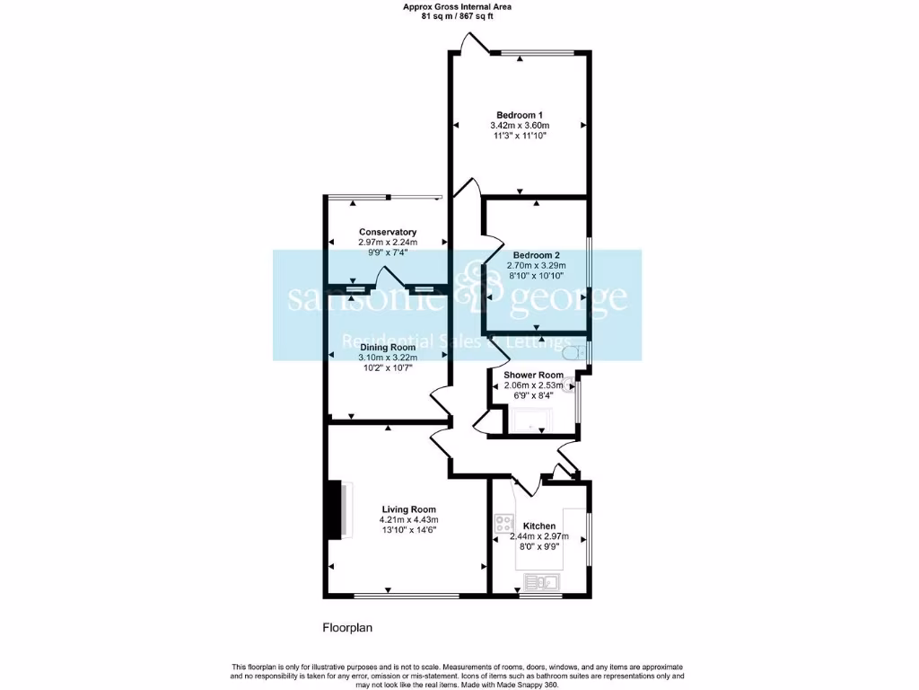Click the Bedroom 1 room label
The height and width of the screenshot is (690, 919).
click(520, 114)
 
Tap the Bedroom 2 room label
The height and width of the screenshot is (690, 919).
click(536, 254)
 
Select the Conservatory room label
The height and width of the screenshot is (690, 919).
click(387, 232)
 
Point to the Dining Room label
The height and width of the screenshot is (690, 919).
click(388, 347)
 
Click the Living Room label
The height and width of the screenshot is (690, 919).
click(408, 508)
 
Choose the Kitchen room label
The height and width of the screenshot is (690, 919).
click(539, 526)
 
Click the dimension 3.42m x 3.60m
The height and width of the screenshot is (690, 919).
click(520, 126)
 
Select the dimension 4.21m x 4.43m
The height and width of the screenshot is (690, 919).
click(408, 519)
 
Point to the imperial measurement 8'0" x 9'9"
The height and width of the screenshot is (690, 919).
click(539, 548)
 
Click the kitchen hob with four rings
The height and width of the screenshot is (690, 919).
click(503, 524)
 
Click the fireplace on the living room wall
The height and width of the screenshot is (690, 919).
click(338, 509)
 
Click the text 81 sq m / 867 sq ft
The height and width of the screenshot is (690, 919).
click(459, 16)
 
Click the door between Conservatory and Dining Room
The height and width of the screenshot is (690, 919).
click(387, 278)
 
